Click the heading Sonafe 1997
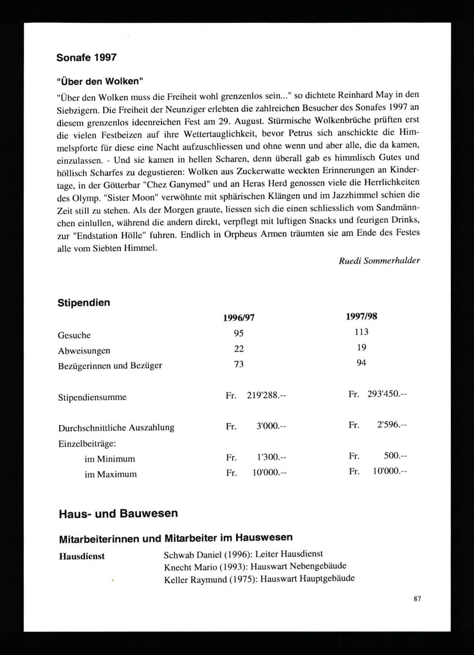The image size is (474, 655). (86, 58)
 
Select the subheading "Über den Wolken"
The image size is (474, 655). (100, 81)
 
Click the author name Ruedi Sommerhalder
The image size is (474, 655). (379, 260)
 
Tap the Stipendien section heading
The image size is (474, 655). (84, 302)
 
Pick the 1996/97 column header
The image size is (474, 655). (239, 318)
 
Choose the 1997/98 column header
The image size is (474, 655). (362, 316)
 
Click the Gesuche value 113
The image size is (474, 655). (361, 332)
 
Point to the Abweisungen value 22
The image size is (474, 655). (239, 349)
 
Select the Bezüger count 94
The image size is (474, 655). (361, 363)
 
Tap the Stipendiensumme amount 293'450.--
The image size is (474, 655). (387, 394)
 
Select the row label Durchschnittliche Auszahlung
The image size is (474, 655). (116, 428)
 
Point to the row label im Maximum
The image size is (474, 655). (110, 474)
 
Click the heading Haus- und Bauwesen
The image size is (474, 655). (118, 513)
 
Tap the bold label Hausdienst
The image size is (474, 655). (82, 556)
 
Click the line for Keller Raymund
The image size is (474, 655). (259, 579)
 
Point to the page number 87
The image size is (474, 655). (417, 599)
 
